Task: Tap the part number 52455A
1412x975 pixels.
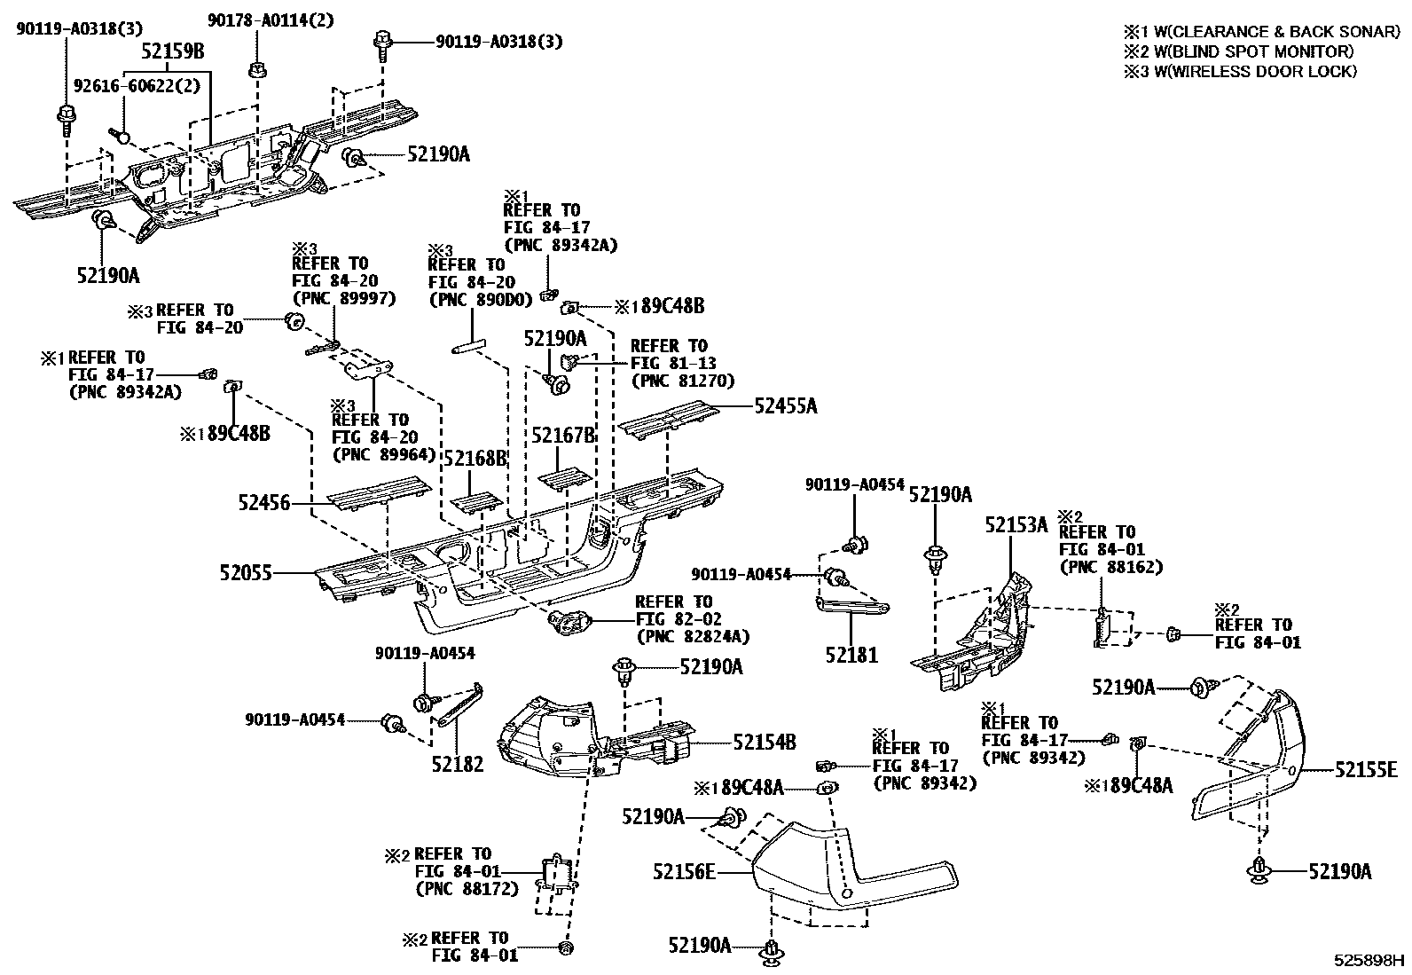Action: click(x=786, y=406)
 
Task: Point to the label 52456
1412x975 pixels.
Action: click(x=264, y=503)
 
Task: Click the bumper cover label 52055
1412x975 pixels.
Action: click(x=246, y=573)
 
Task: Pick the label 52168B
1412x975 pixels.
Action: click(x=475, y=459)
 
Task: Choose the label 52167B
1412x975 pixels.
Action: click(x=562, y=436)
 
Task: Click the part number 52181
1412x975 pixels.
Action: click(x=851, y=656)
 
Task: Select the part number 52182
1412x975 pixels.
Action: click(x=458, y=764)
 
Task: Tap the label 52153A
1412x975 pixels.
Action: click(x=1016, y=525)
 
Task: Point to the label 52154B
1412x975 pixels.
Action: click(x=765, y=742)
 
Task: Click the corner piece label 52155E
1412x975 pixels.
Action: click(x=1367, y=770)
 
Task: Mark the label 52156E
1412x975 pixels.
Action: click(x=684, y=872)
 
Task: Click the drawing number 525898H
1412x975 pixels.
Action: click(x=1371, y=961)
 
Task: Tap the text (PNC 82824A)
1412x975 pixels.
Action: click(x=693, y=636)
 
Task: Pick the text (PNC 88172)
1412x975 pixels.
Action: click(x=467, y=888)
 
